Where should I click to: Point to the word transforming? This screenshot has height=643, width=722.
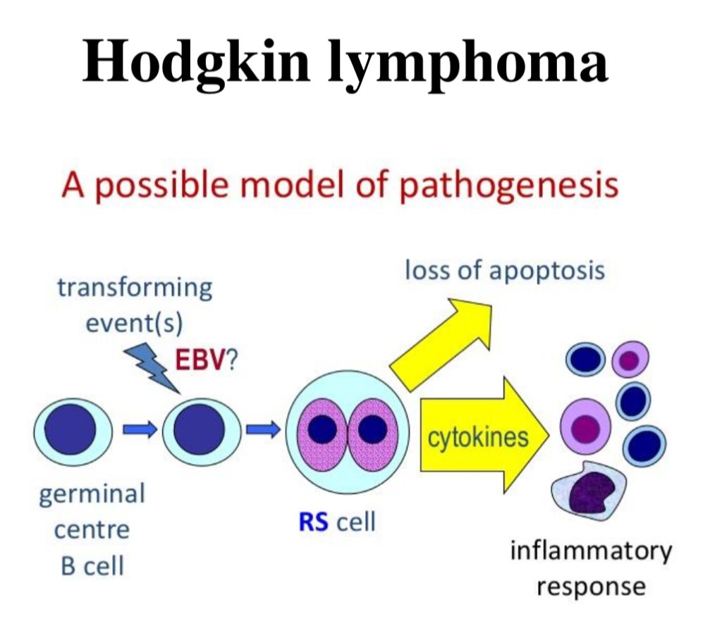pos(135,288)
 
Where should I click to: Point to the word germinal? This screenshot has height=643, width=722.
pos(92,494)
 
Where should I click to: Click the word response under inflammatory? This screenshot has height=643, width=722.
pos(591,586)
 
